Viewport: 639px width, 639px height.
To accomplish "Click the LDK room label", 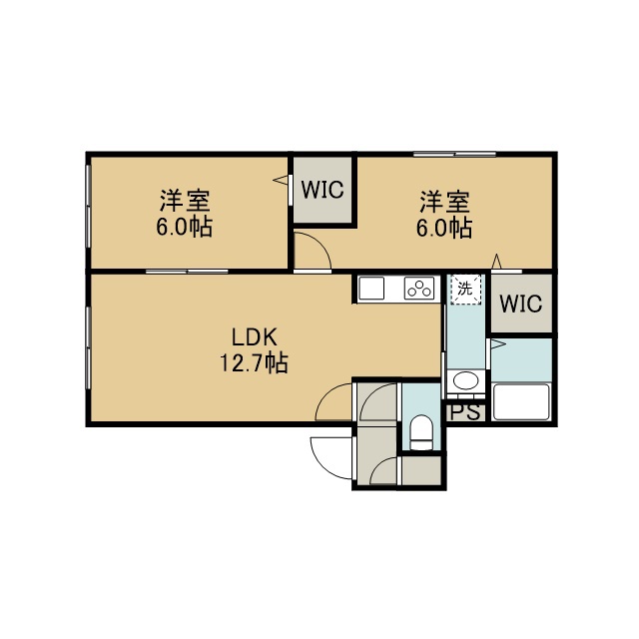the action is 255,337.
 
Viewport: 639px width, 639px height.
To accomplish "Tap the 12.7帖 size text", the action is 255,362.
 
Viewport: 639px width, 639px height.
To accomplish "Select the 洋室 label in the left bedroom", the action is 185,201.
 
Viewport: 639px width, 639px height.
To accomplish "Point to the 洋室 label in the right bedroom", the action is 444,202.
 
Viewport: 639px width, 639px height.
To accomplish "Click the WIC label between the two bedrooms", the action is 322,190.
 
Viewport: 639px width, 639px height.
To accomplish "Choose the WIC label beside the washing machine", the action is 521,304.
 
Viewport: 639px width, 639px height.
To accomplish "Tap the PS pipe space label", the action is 465,412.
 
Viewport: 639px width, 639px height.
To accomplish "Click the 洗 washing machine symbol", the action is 465,289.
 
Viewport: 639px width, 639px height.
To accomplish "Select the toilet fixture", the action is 420,432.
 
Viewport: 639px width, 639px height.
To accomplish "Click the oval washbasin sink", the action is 466,381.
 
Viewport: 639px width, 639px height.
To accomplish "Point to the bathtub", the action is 521,401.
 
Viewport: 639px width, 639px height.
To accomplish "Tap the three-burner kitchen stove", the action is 419,289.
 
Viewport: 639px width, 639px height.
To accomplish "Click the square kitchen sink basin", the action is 371,289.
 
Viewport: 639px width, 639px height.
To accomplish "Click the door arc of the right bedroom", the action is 321,244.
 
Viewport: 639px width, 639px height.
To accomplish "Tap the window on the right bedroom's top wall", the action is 454,154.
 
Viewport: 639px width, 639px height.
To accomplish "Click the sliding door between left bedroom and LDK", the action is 187,272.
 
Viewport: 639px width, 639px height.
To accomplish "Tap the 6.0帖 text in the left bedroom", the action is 184,227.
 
